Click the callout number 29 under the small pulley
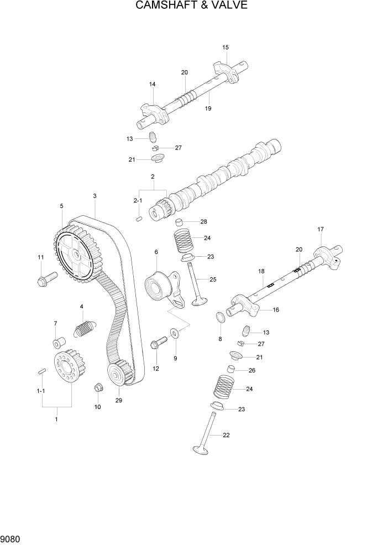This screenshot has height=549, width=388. click(118, 401)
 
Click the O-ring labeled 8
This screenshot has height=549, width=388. click(220, 318)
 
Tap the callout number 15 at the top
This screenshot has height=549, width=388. click(225, 48)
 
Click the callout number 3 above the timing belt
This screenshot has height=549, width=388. click(95, 196)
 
